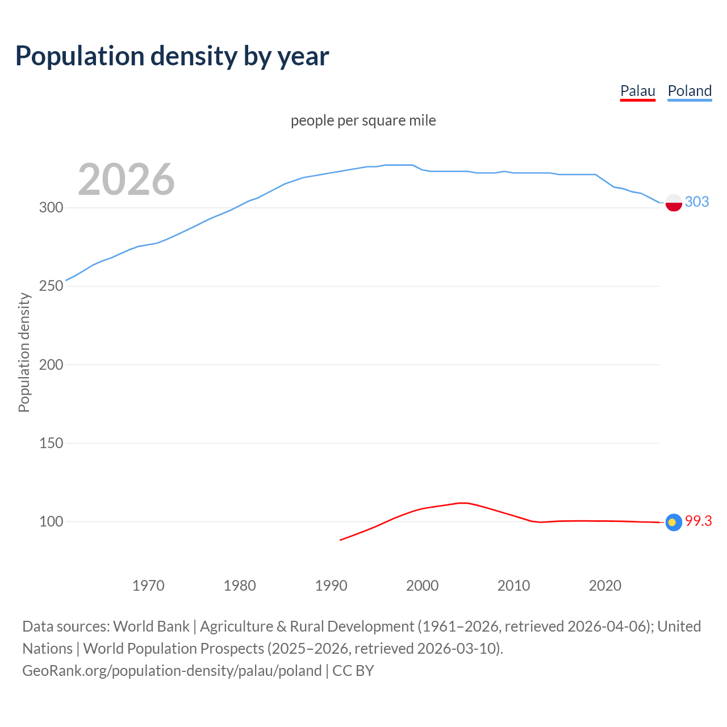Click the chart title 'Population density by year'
[x=172, y=56]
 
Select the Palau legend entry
[x=637, y=91]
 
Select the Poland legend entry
[x=690, y=91]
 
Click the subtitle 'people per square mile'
[x=363, y=120]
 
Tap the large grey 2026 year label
[x=126, y=179]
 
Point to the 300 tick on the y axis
[x=51, y=207]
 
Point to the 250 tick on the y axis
[x=51, y=286]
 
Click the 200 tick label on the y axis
[x=51, y=365]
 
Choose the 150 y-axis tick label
[x=51, y=443]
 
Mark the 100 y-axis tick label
[x=51, y=521]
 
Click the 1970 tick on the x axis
[x=148, y=586]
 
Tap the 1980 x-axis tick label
[x=240, y=586]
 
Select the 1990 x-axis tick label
[x=331, y=586]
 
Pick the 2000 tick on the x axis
[x=422, y=586]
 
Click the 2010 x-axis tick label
[x=513, y=586]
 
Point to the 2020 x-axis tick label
[x=605, y=586]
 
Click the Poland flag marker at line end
[x=674, y=202]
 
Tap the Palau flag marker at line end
[x=674, y=523]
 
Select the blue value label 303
[x=697, y=202]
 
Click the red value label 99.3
[x=698, y=521]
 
